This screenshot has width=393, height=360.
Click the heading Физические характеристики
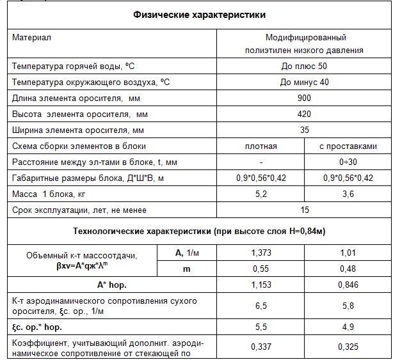click(199, 15)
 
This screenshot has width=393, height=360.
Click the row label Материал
click(31, 38)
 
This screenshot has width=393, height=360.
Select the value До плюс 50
click(304, 67)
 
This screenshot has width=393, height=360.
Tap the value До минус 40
click(304, 82)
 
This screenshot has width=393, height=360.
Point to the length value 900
click(304, 98)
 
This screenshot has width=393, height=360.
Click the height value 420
click(304, 114)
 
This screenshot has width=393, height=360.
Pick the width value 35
click(304, 130)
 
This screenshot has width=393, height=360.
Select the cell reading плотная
click(261, 146)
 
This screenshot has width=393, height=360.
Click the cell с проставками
click(348, 146)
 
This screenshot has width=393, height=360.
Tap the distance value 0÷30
click(348, 162)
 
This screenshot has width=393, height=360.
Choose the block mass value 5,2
click(261, 193)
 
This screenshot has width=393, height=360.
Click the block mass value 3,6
click(348, 193)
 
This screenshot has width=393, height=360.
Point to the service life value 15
click(304, 209)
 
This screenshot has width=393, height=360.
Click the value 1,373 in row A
click(261, 253)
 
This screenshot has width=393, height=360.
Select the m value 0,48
click(348, 269)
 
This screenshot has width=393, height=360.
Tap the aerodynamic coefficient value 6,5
click(261, 306)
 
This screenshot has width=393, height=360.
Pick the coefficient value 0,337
click(261, 347)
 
